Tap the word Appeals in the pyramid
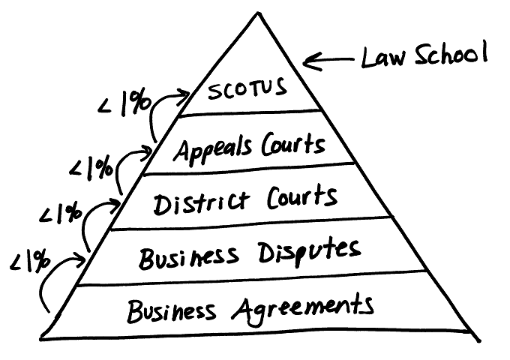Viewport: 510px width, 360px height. tap(212, 148)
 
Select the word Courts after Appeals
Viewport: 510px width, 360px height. tap(293, 145)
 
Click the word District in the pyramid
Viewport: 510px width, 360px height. tap(202, 202)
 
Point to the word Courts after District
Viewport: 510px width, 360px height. tap(302, 196)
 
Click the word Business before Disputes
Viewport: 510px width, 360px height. tap(189, 258)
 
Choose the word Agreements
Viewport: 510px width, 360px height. tap(303, 308)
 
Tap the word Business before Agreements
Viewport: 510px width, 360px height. tap(172, 311)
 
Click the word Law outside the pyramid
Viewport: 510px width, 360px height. tap(384, 58)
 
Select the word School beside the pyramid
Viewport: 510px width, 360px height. tap(451, 54)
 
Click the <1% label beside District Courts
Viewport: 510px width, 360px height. tap(61, 213)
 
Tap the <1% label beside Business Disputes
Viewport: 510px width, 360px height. tap(30, 260)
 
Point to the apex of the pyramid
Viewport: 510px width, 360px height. tap(258, 13)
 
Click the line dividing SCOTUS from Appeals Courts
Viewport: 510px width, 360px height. tap(250, 112)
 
